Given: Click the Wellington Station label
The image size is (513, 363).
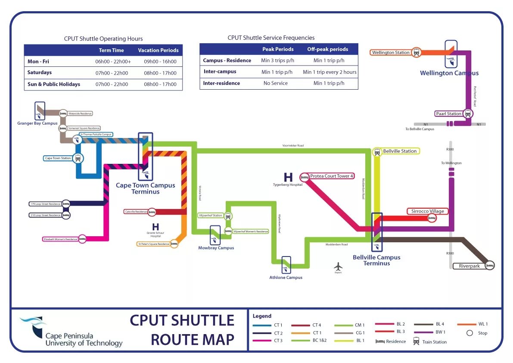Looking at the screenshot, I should click(x=391, y=53).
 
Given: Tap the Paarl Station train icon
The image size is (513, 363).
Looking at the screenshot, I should click(x=468, y=114).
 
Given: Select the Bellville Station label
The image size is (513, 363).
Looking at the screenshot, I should click(x=400, y=151).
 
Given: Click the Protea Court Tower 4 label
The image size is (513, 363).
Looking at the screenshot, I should click(x=331, y=176).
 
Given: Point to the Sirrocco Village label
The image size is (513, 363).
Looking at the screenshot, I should click(x=427, y=211).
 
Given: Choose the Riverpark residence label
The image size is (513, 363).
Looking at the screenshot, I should click(x=469, y=266).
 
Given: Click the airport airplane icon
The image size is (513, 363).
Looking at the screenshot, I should click(x=338, y=266).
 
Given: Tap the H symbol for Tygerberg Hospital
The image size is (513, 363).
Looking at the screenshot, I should click(x=288, y=177).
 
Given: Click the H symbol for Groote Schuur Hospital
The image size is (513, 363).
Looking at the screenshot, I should click(x=155, y=226).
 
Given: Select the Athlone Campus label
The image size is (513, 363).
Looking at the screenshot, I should click(x=286, y=278).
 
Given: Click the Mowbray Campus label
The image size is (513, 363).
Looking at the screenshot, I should click(x=216, y=248).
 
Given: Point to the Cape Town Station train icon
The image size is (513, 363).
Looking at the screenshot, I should click(x=78, y=158).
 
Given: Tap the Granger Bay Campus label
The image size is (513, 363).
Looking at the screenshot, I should click(x=37, y=123).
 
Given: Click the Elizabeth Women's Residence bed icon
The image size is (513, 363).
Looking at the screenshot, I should click(x=82, y=239).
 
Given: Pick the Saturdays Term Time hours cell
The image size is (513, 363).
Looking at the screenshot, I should click(x=112, y=73).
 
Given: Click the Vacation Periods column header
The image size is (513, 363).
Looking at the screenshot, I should click(x=158, y=50).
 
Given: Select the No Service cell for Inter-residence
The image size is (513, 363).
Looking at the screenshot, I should click(x=276, y=83).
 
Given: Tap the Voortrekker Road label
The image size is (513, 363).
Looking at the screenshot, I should click(x=293, y=146).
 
